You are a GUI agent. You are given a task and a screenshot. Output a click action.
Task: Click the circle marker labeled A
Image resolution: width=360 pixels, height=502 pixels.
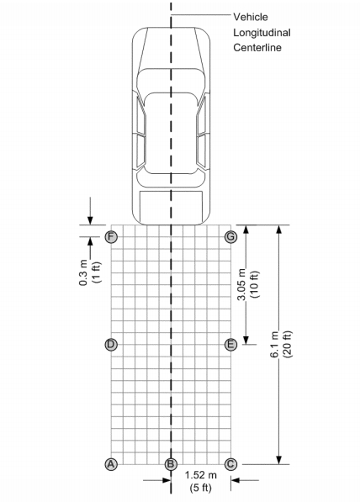pos(111,464)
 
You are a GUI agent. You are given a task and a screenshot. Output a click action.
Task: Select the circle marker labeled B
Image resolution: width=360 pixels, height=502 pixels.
pos(171,464)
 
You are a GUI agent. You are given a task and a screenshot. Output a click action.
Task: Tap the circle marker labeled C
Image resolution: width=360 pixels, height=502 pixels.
pos(230,464)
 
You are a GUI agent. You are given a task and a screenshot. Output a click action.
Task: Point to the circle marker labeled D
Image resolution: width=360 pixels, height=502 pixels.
pos(111,345)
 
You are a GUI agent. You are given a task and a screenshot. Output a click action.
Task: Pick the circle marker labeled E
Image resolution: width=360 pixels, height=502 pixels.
pos(230,345)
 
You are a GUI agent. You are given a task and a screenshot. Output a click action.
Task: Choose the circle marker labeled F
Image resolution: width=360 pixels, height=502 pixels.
pos(111,237)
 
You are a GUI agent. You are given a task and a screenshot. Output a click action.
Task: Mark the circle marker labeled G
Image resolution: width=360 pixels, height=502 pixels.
pos(230,237)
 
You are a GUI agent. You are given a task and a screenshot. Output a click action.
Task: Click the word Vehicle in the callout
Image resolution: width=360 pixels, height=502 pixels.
pos(251,17)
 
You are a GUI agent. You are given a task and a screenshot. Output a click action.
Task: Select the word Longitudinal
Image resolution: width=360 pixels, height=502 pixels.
pos(262,33)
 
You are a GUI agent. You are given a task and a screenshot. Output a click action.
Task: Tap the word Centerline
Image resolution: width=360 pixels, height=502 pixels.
pos(257,48)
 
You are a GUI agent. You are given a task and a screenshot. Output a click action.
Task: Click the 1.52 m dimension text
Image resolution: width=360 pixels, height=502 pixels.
pos(201,475)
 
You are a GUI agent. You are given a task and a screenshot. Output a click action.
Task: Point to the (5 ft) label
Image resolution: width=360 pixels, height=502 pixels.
pos(201,488)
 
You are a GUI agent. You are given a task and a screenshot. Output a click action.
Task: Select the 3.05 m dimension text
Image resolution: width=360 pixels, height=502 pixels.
pos(241,284)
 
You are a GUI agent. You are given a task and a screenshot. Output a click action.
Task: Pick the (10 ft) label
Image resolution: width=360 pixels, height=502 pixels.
pos(255,284)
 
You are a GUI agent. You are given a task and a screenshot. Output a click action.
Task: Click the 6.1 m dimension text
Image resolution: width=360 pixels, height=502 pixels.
pos(274,344)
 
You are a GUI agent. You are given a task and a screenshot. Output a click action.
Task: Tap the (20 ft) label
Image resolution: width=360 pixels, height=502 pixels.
pos(288,344)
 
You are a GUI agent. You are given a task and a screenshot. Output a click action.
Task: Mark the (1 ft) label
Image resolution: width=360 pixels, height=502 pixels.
pos(97,272)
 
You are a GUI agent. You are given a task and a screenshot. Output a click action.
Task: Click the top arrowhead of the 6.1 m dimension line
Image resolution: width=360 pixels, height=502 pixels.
pos(279,229)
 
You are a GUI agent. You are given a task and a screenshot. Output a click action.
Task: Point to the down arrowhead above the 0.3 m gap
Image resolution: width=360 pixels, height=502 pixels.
pos(90,221)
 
